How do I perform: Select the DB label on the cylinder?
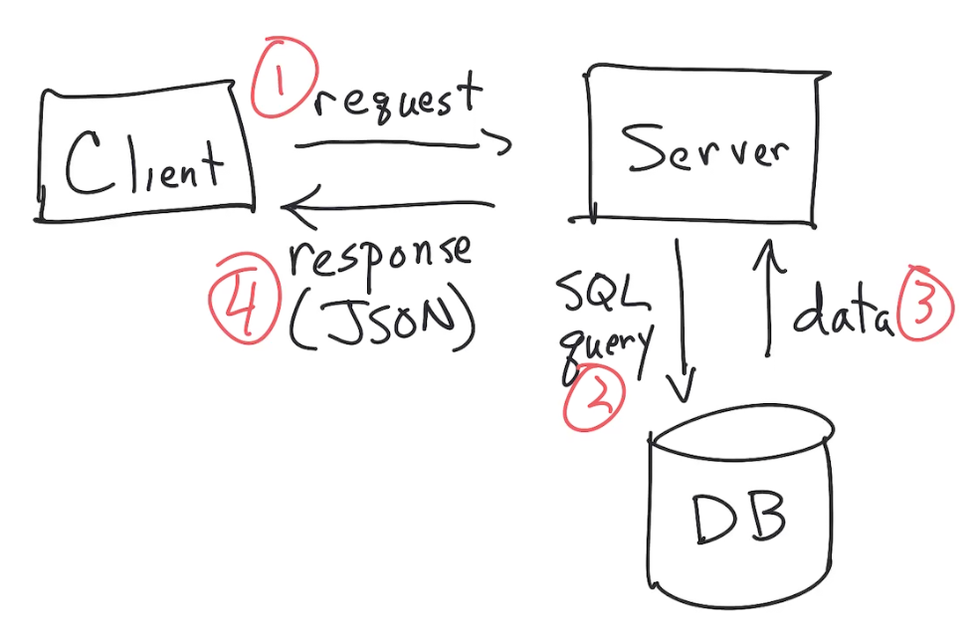click(738, 519)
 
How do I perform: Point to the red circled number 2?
click(594, 400)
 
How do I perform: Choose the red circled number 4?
click(240, 306)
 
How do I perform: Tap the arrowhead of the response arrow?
click(293, 207)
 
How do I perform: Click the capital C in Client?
click(83, 163)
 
